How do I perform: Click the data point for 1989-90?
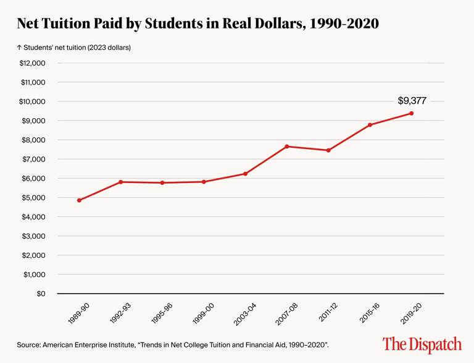coord(79,200)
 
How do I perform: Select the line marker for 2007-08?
coord(287,147)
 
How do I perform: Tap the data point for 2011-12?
coord(328,150)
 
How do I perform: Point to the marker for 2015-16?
coord(370,125)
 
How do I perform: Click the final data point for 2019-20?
coord(412,113)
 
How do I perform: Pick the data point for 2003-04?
coord(246,174)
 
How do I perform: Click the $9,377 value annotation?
coord(412,100)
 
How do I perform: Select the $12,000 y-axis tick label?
coord(33,63)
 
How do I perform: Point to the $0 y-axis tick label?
coord(41,293)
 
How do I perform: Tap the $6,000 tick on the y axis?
coord(35,178)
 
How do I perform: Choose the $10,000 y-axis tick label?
coord(33,101)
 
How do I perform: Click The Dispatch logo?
coord(422,344)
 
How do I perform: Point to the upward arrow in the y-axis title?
coord(19,47)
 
